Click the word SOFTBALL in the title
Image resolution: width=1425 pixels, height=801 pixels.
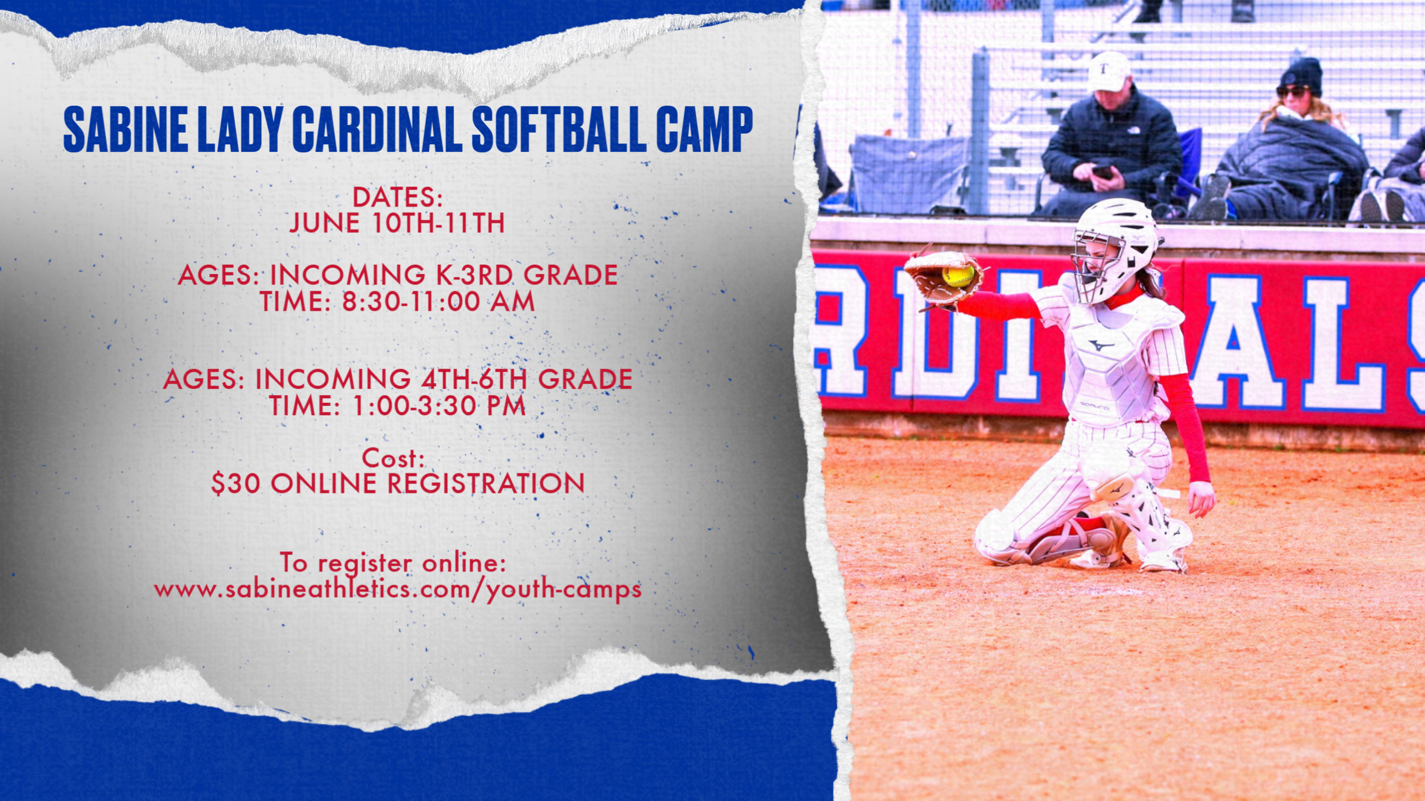point(559,130)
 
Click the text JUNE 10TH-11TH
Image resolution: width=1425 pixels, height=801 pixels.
point(397,223)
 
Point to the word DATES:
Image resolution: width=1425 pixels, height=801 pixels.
point(398,197)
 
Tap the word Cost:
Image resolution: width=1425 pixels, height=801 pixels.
point(393,458)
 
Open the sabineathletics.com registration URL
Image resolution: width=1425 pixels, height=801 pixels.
point(398,589)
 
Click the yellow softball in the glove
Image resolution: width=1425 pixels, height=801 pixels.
point(957,275)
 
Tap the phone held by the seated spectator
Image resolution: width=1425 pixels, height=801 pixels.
point(1102,171)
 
